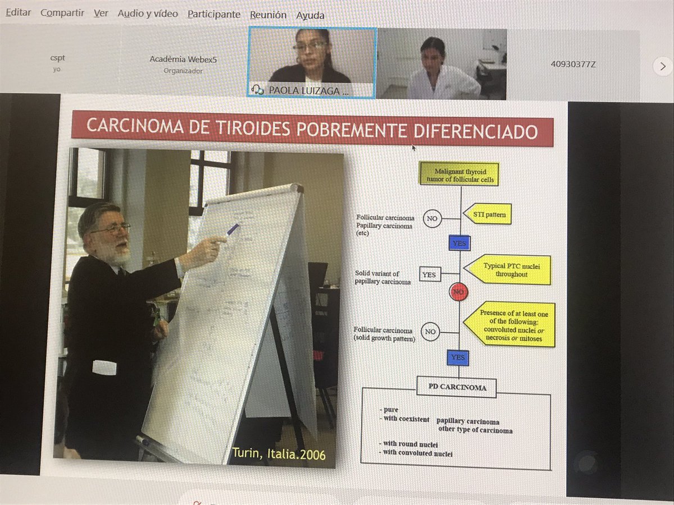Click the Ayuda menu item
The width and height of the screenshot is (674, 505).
coord(310,15)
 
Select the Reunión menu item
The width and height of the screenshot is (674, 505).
coord(268,15)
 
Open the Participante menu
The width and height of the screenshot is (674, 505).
coord(213,15)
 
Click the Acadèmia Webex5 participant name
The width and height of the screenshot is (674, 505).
coord(183,59)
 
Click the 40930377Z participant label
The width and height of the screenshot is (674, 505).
coord(573,64)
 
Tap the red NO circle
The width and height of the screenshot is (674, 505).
coord(459,292)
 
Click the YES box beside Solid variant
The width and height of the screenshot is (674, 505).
coord(430,275)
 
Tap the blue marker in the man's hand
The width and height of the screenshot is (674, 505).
coord(232,229)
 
